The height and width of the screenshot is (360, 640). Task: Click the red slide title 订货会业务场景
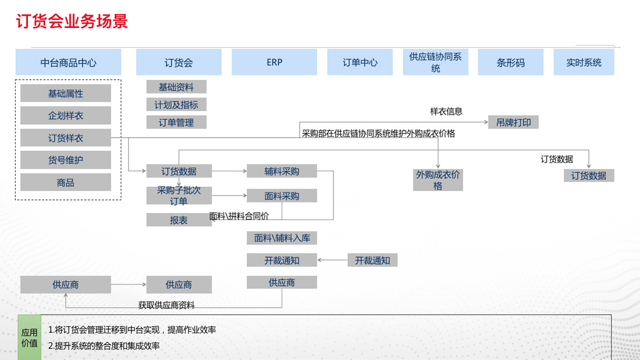pyautogui.click(x=72, y=21)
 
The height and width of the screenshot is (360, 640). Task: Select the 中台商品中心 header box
pyautogui.click(x=69, y=62)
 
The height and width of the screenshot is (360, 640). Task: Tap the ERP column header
pyautogui.click(x=274, y=62)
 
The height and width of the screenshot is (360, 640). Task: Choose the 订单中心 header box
pyautogui.click(x=360, y=62)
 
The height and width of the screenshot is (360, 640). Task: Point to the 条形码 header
pyautogui.click(x=510, y=62)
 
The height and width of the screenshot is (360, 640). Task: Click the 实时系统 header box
pyautogui.click(x=584, y=62)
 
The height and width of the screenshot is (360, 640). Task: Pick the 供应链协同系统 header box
pyautogui.click(x=436, y=62)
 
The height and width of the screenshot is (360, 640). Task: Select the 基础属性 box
pyautogui.click(x=66, y=93)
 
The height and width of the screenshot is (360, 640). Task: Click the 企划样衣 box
pyautogui.click(x=66, y=116)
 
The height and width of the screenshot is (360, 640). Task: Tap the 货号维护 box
pyautogui.click(x=66, y=160)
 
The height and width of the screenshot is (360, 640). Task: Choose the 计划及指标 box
pyautogui.click(x=177, y=105)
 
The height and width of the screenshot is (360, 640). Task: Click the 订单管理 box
pyautogui.click(x=177, y=123)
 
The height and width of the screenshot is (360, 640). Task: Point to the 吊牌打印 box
pyautogui.click(x=513, y=123)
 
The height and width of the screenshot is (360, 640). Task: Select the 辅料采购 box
pyautogui.click(x=282, y=171)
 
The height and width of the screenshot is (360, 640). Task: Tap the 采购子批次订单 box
pyautogui.click(x=179, y=196)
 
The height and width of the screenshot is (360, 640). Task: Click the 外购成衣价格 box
pyautogui.click(x=438, y=180)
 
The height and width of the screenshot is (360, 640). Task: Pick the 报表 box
pyautogui.click(x=179, y=221)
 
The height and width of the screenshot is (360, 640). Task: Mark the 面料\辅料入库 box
pyautogui.click(x=282, y=237)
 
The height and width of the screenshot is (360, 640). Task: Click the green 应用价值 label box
pyautogui.click(x=30, y=337)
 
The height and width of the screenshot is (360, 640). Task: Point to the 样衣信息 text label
pyautogui.click(x=446, y=111)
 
